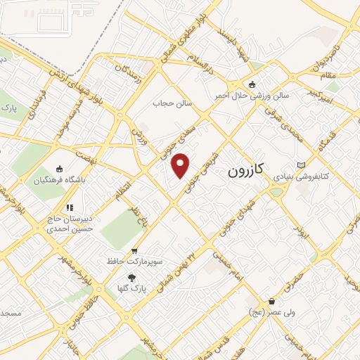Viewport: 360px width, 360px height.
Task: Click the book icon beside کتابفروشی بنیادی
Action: [x=302, y=165]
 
